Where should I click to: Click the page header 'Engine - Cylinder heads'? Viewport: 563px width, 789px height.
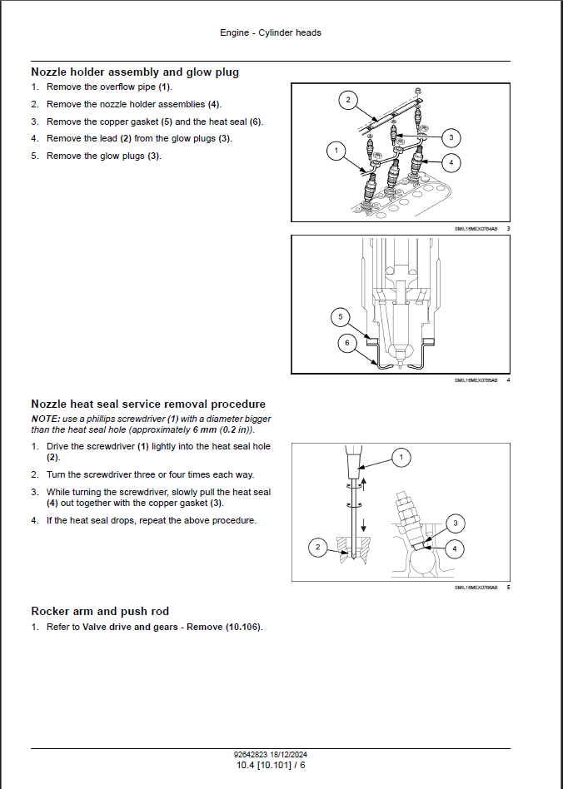tap(271, 32)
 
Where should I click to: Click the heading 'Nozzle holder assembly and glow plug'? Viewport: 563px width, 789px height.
tap(135, 72)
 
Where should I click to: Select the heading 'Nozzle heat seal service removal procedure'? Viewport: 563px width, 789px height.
tap(148, 404)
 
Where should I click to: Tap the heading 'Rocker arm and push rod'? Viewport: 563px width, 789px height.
tap(100, 611)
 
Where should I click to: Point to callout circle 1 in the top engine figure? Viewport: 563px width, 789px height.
tap(336, 151)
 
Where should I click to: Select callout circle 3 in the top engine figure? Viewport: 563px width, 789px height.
tap(451, 137)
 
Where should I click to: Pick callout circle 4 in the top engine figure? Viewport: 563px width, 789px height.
tap(450, 161)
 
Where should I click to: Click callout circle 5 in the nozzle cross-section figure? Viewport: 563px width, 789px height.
tap(339, 316)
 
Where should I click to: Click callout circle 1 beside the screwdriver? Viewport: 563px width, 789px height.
tap(401, 457)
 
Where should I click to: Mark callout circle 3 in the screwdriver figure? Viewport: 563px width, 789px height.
tap(455, 524)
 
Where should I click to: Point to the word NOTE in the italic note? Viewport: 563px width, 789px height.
tap(45, 419)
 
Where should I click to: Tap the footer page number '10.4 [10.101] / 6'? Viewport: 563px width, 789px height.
tap(271, 764)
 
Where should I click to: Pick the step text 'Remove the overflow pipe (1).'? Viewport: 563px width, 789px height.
tap(108, 87)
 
